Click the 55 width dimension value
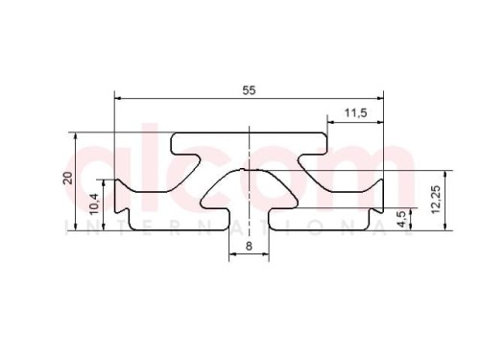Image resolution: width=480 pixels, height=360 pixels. click(249, 90)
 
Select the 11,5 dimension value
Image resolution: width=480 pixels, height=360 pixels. click(355, 113)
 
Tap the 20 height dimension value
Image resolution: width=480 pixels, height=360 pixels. click(68, 178)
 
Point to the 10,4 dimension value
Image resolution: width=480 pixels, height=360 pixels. click(95, 204)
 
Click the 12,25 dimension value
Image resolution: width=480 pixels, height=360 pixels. click(436, 200)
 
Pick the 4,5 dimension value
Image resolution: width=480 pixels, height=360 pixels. click(401, 219)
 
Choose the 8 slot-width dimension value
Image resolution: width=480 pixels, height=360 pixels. click(249, 246)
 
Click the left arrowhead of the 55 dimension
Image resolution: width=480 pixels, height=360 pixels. click(118, 98)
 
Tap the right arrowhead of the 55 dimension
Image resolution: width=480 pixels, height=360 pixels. click(380, 98)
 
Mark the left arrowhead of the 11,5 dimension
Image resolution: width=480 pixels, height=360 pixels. click(331, 122)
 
